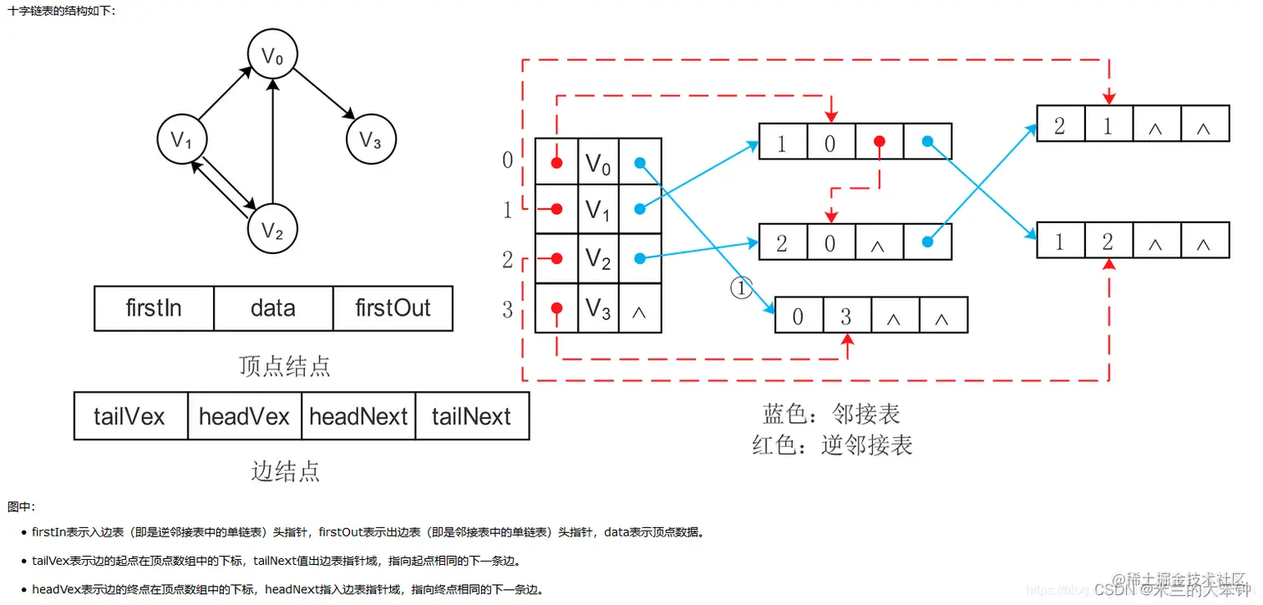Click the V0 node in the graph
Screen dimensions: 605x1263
[x=273, y=57]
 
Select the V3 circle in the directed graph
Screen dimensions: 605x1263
[x=371, y=140]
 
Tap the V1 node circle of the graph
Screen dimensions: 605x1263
[x=182, y=140]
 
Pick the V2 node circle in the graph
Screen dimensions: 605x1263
[x=273, y=229]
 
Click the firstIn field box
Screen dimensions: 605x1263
[x=155, y=308]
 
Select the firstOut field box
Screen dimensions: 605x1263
[x=393, y=308]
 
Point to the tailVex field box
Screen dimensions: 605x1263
[x=130, y=416]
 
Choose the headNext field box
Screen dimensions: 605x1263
[x=358, y=416]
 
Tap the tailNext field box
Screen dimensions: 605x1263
[x=471, y=416]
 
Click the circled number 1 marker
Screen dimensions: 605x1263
[x=742, y=288]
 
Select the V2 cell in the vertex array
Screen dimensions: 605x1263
[x=598, y=259]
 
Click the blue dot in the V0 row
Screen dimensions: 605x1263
[x=640, y=164]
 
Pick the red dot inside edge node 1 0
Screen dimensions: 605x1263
[x=879, y=142]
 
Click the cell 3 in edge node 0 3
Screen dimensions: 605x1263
[x=846, y=316]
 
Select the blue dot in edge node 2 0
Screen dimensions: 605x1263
[x=927, y=242]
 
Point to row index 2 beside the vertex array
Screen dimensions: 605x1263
[x=507, y=259]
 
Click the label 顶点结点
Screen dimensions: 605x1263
[x=285, y=366]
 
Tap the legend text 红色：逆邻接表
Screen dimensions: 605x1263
[x=832, y=445]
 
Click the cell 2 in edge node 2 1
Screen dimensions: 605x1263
[x=1060, y=125]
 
